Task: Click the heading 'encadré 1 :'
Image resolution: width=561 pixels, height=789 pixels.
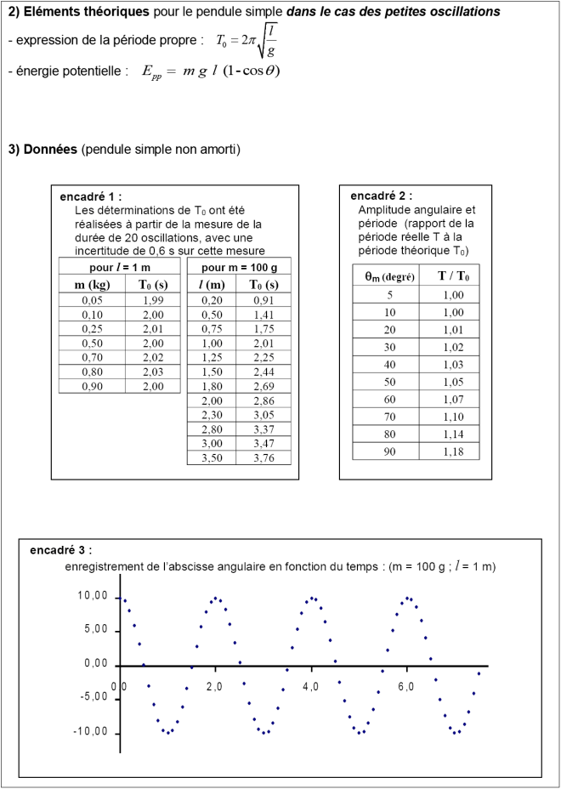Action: (x=91, y=196)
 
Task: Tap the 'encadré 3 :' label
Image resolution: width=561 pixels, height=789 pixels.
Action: (x=61, y=550)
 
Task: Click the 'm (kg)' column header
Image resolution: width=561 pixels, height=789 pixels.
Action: (x=92, y=284)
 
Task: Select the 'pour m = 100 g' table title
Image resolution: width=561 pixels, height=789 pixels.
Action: (x=239, y=267)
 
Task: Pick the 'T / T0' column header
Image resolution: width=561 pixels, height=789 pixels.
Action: (x=453, y=275)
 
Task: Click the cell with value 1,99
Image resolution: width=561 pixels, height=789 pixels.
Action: (x=153, y=300)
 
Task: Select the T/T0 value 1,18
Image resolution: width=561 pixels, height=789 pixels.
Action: (x=453, y=451)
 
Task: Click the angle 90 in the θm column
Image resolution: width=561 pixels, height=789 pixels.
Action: (x=388, y=451)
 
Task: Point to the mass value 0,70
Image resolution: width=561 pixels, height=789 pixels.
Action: (x=92, y=357)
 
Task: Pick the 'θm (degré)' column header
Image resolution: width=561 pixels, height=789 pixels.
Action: (x=388, y=275)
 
